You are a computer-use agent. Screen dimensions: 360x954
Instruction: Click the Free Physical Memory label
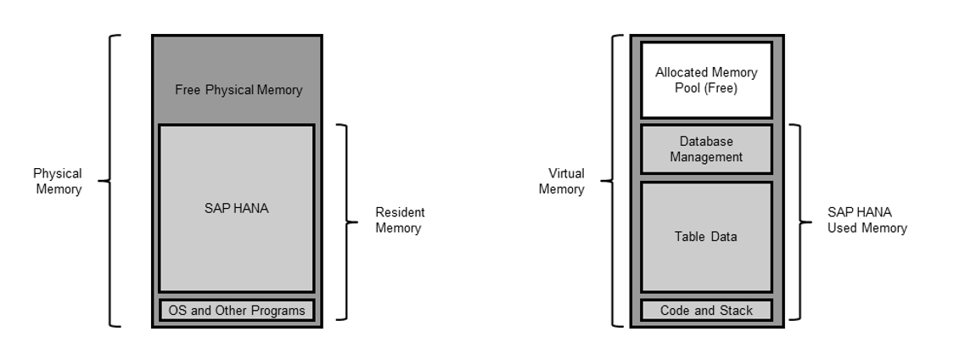click(238, 89)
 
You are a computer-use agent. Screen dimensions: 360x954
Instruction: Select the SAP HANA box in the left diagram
click(237, 208)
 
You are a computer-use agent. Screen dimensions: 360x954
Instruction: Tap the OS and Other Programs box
click(237, 310)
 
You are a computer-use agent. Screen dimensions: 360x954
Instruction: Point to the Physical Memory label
click(58, 181)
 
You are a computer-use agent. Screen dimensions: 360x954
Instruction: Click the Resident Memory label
click(400, 220)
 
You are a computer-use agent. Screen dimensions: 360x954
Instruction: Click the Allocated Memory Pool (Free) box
click(706, 81)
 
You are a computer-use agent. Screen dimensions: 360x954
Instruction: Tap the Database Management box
click(706, 149)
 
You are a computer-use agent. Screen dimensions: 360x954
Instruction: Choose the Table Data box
click(706, 237)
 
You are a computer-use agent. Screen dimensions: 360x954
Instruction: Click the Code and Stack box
click(706, 310)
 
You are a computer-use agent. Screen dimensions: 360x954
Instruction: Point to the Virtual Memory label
click(561, 181)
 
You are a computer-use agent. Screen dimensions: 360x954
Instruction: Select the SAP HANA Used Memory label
click(867, 220)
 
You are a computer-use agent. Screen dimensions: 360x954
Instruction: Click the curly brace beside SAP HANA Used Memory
click(798, 222)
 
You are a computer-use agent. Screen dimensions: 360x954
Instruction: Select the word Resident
click(400, 212)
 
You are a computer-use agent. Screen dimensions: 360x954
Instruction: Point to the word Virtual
click(561, 173)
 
